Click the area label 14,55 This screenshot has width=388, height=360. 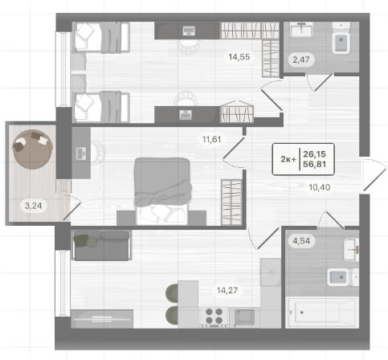pos(239,57)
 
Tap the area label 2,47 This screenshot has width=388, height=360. pos(301,59)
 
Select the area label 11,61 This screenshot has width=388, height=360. pos(211,139)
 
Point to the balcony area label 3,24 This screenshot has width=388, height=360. pos(33,206)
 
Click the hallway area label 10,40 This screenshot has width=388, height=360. pos(320,187)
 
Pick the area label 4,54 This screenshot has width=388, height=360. pos(301,241)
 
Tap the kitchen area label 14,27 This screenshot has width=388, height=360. pos(227,290)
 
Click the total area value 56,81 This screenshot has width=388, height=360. pos(314,164)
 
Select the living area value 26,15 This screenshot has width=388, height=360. pos(314,154)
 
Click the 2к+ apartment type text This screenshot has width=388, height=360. pos(288,159)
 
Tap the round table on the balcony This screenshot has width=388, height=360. pos(32,149)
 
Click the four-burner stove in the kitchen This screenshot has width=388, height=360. pos(214,317)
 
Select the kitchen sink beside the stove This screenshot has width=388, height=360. pos(244,317)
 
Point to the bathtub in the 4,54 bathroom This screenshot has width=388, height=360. pos(322,313)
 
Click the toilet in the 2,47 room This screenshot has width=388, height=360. pos(341,39)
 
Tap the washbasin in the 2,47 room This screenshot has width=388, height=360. pos(301,30)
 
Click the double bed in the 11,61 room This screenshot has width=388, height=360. pos(161,191)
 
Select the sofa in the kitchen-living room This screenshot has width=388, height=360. pos(101,245)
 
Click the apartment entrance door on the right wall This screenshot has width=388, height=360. pos(374,174)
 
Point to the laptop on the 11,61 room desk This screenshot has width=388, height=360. pos(80,153)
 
